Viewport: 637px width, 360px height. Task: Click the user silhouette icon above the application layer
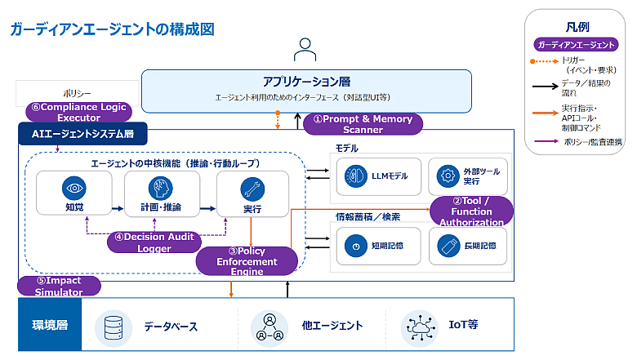(x=305, y=50)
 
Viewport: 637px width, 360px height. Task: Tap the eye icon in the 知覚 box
(x=74, y=188)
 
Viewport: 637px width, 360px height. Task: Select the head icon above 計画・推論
(x=160, y=189)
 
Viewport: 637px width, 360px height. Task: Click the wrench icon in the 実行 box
(x=252, y=189)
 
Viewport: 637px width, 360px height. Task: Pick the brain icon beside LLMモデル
(x=356, y=176)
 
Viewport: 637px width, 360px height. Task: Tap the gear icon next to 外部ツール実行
(x=448, y=176)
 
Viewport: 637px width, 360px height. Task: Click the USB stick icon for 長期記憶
(x=448, y=246)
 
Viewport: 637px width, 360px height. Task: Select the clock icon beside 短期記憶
(x=356, y=246)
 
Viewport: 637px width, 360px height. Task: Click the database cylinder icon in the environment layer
(x=114, y=328)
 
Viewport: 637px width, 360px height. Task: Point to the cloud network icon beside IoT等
(x=420, y=328)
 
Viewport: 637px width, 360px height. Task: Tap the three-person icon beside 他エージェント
(x=269, y=327)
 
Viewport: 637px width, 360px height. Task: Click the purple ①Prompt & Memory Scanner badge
(x=363, y=124)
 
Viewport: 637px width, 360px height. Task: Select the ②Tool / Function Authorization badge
(x=471, y=211)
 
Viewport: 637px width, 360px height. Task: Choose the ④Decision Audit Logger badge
(x=154, y=242)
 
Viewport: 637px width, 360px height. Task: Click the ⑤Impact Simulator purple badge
(x=59, y=287)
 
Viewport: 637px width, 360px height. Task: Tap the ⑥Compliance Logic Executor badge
(x=79, y=112)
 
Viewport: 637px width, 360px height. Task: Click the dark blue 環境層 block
(x=50, y=325)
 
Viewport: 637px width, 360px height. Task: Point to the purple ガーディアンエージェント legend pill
(x=576, y=45)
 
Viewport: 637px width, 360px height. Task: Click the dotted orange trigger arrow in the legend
(x=545, y=61)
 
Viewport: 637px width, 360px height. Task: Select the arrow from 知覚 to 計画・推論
(x=118, y=209)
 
